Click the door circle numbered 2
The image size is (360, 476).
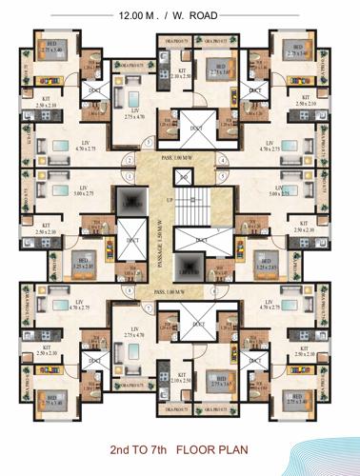click(130, 159)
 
